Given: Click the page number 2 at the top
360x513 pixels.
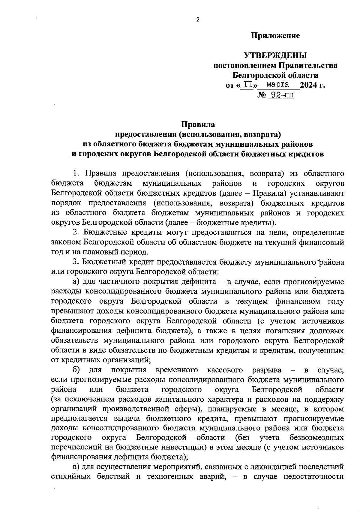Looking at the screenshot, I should point(197,20).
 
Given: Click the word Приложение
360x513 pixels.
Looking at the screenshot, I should point(275,36).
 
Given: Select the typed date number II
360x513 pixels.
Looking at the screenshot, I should point(248,85).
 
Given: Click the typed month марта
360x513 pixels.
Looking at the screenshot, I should point(278,84).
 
